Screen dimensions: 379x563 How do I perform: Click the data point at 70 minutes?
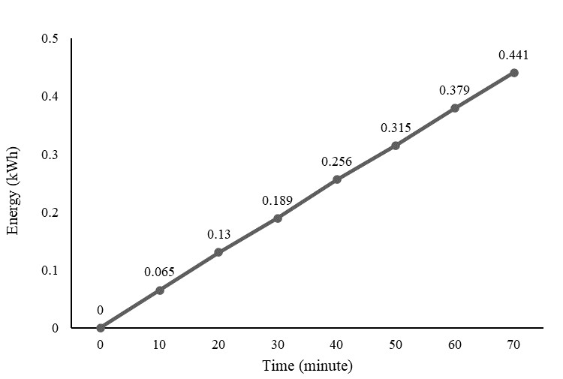coord(514,73)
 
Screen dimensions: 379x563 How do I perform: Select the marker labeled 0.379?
coord(455,108)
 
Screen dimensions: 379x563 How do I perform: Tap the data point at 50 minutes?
coord(396,146)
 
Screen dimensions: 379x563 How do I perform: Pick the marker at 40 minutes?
coord(337,179)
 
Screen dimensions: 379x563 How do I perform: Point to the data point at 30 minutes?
coord(278,218)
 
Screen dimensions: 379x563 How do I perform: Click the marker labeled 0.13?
coord(218,252)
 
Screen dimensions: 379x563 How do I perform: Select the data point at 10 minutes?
coord(159,290)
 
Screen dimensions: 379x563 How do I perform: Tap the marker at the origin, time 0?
coord(101,328)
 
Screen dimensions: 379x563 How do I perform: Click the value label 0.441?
coord(513,55)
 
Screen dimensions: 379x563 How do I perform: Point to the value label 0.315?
coord(396,128)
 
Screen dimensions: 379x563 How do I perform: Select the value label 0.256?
coord(336,162)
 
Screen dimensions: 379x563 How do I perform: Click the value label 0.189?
coord(277,200)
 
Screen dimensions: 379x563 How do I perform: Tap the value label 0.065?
coord(159,272)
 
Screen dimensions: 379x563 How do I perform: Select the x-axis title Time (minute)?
coord(307,367)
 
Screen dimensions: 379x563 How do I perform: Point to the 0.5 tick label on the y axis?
coord(50,38)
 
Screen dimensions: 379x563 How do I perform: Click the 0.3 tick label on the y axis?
coord(50,155)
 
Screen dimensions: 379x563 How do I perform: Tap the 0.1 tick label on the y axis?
coord(50,270)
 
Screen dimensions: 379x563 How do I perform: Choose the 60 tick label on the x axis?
coord(455,344)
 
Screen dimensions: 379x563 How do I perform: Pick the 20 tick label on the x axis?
coord(218,344)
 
